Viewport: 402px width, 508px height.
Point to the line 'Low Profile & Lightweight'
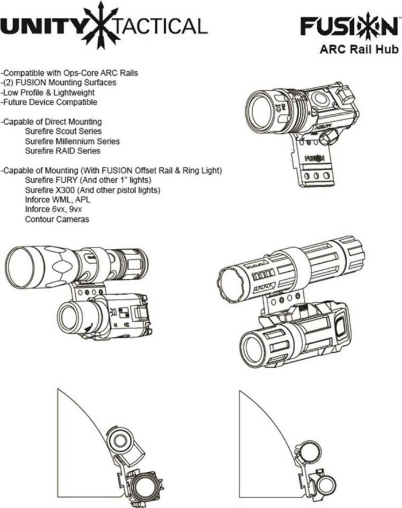[x=48, y=93]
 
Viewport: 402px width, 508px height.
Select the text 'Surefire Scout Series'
[x=63, y=132]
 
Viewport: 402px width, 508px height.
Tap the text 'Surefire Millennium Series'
[x=72, y=141]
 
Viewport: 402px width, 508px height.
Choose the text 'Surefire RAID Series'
[x=62, y=151]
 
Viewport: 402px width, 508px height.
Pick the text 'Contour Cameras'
[x=56, y=220]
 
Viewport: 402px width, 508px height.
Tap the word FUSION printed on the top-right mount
[x=314, y=156]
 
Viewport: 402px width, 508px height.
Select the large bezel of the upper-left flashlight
[x=24, y=265]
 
